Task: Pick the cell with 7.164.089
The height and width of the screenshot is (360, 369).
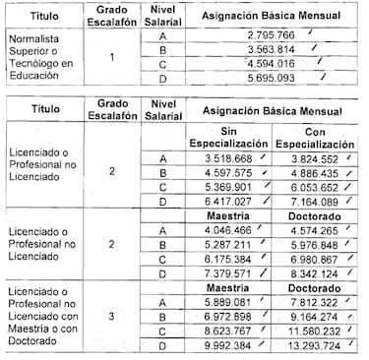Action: click(316, 201)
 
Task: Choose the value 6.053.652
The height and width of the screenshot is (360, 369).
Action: click(316, 186)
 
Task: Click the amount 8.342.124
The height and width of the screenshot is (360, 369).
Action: click(316, 273)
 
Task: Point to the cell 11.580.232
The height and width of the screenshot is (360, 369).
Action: click(316, 332)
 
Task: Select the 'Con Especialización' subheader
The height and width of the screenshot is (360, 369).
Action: click(316, 137)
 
